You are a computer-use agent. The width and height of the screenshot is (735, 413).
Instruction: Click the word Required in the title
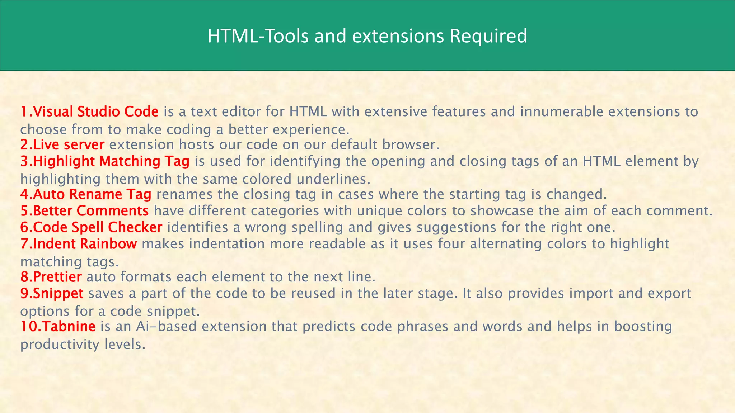[x=488, y=37]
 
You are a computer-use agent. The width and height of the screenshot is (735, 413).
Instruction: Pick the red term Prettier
[x=57, y=277]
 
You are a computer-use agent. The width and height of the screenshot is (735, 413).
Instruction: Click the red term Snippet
[x=58, y=294]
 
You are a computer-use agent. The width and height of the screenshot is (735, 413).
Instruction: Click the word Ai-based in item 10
[x=166, y=327]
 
